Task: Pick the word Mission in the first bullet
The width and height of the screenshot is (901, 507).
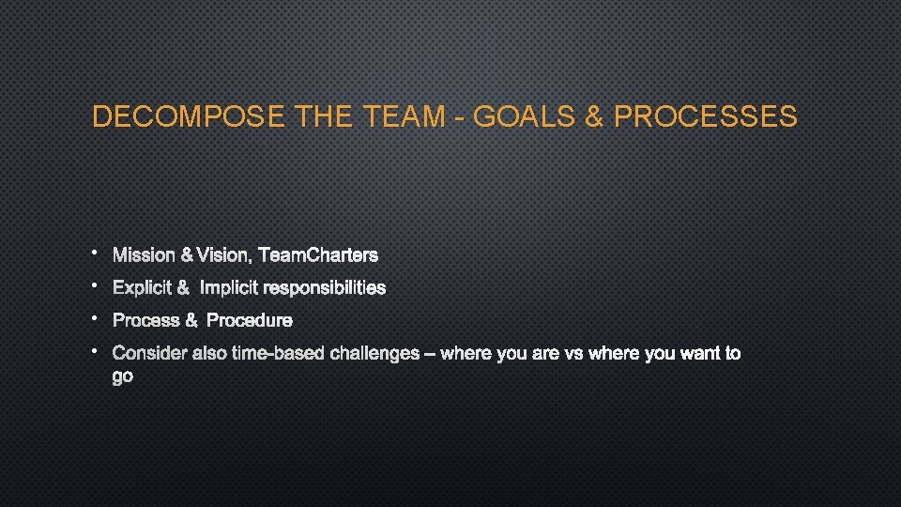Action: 144,255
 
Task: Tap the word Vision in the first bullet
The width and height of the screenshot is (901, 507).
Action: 222,255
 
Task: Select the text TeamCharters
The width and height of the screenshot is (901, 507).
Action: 318,255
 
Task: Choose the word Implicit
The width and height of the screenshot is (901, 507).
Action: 229,287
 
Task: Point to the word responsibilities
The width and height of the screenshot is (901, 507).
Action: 324,287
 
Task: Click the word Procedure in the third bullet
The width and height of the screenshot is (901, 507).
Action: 250,320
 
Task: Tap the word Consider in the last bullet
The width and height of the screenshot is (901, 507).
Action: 149,354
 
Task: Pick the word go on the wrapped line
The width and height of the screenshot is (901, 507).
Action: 123,377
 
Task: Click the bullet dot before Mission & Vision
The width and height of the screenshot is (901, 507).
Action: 96,252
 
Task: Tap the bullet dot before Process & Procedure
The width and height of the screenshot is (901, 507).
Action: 96,317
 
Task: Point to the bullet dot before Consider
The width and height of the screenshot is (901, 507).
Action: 96,350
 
